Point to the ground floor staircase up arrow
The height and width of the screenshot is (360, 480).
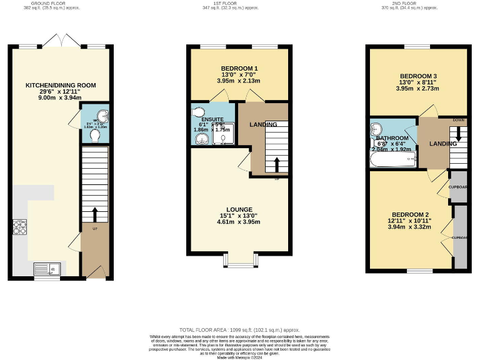[x=95, y=214]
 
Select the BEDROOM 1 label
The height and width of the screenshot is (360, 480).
[x=239, y=68]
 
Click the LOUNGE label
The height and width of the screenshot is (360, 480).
[x=239, y=209]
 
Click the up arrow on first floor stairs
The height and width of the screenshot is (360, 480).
[x=276, y=164]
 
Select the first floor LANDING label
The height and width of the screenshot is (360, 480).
[x=263, y=125]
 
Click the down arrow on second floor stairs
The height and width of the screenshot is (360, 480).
[x=459, y=134]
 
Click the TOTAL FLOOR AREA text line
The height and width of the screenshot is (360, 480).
[x=239, y=329]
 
